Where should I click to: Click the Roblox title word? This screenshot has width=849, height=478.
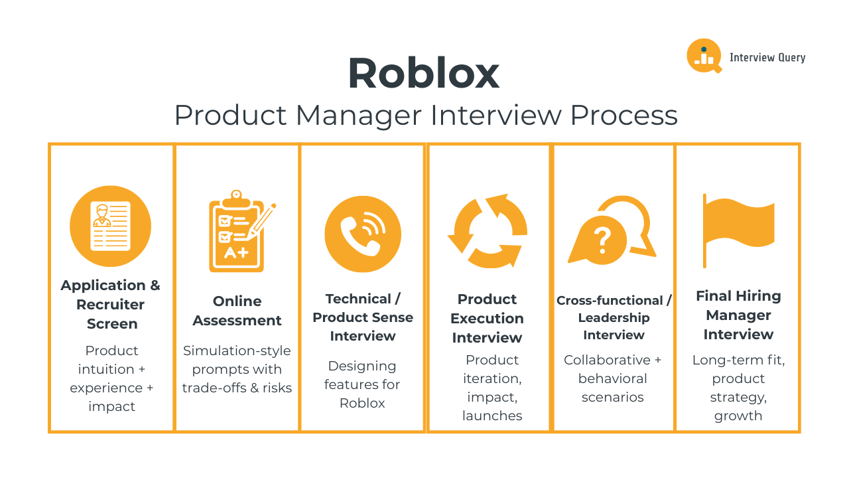click(x=423, y=74)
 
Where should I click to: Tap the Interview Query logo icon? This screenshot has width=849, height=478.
click(x=703, y=56)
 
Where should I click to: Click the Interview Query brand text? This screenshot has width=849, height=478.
click(x=767, y=58)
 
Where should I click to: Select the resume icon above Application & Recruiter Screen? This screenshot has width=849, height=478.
click(x=111, y=226)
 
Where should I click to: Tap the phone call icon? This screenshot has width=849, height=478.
click(x=363, y=234)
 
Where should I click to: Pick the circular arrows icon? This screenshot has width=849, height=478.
click(x=488, y=231)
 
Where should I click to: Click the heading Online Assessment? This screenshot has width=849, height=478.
click(x=237, y=311)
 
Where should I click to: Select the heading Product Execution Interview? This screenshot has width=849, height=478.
click(x=487, y=318)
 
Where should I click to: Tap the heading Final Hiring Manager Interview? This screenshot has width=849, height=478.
click(x=738, y=315)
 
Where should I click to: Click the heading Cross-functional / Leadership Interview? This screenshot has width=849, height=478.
click(x=614, y=317)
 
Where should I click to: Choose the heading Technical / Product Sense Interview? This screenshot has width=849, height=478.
click(x=363, y=317)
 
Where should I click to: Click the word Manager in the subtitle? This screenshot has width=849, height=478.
click(x=358, y=116)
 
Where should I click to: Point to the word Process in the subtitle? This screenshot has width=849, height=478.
click(x=623, y=116)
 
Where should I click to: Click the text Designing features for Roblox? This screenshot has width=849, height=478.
click(x=362, y=384)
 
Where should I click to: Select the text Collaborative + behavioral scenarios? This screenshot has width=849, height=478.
click(x=613, y=378)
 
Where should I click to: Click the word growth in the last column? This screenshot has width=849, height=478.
click(x=738, y=416)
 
